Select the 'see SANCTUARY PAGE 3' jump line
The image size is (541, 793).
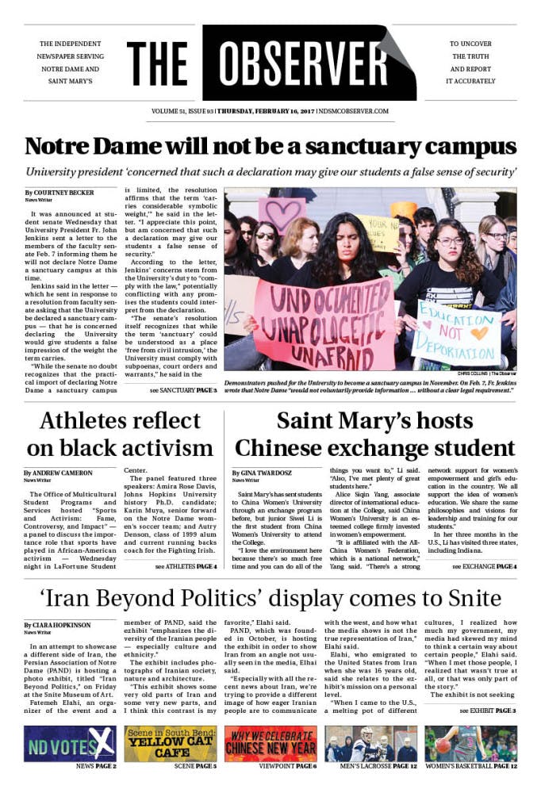pyautogui.click(x=184, y=391)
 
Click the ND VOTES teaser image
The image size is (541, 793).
pyautogui.click(x=70, y=743)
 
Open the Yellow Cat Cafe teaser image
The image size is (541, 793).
pyautogui.click(x=171, y=743)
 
